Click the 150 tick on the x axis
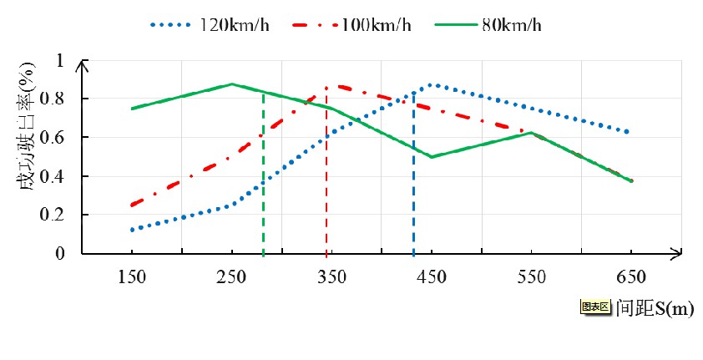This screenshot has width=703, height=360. click(132, 277)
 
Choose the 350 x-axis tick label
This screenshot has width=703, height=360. click(331, 277)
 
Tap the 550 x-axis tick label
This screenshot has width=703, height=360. click(531, 277)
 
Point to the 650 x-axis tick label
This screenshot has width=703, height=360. click(631, 277)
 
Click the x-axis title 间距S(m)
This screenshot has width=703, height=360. click(655, 308)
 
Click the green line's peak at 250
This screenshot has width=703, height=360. click(231, 84)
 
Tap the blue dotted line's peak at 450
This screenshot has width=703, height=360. click(432, 84)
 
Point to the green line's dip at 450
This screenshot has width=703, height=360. click(432, 156)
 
